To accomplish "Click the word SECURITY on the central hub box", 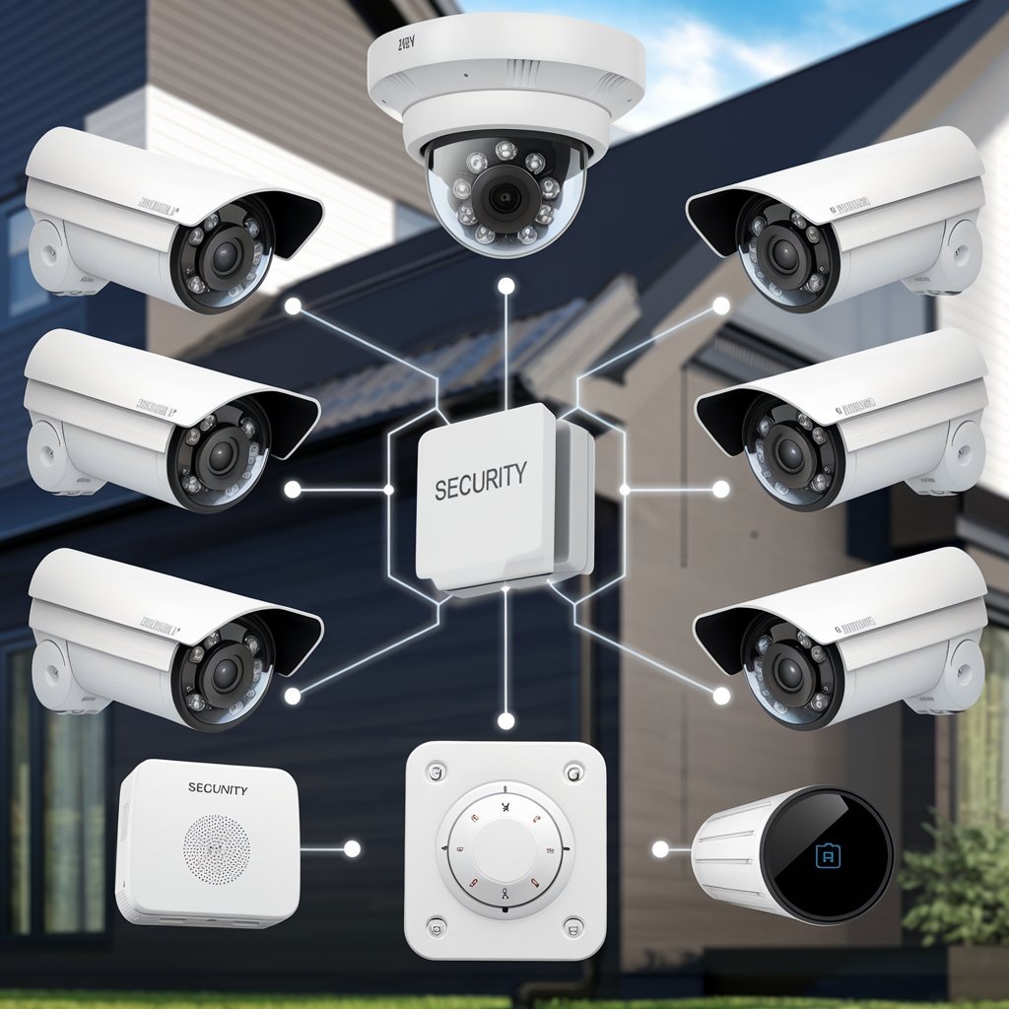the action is pos(480,482).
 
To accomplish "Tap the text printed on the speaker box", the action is pos(217,789).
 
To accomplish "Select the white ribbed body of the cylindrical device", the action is pos(729,853).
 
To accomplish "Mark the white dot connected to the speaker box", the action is pos(352,848).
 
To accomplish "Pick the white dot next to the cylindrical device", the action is pos(660,847).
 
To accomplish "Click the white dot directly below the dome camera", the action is pos(506,286).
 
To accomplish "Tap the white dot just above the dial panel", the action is pos(506,721).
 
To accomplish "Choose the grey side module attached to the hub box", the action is pos(575,503).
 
